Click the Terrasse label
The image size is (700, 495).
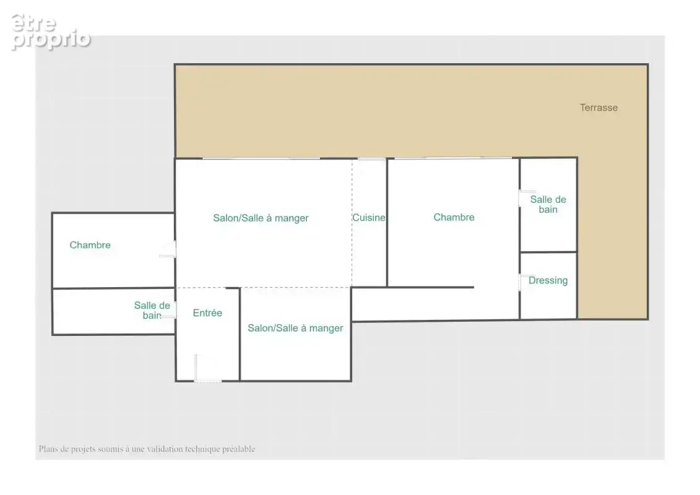pyautogui.click(x=598, y=108)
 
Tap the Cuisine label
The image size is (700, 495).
pyautogui.click(x=369, y=218)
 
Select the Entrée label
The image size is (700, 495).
pyautogui.click(x=207, y=313)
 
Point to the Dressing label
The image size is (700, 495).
pyautogui.click(x=548, y=280)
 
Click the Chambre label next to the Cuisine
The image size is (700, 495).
pyautogui.click(x=454, y=217)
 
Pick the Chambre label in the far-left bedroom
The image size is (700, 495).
pyautogui.click(x=90, y=245)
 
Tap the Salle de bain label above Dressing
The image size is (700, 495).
pyautogui.click(x=548, y=204)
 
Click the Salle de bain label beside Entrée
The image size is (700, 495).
pyautogui.click(x=152, y=310)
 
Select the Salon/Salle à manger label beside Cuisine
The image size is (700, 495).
pyautogui.click(x=261, y=218)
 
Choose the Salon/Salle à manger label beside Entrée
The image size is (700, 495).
pyautogui.click(x=296, y=328)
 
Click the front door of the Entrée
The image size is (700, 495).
pyautogui.click(x=207, y=381)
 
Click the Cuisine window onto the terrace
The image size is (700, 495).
pyautogui.click(x=371, y=158)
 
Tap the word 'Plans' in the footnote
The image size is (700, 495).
pyautogui.click(x=48, y=449)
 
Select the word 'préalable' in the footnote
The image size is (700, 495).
pyautogui.click(x=239, y=449)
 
